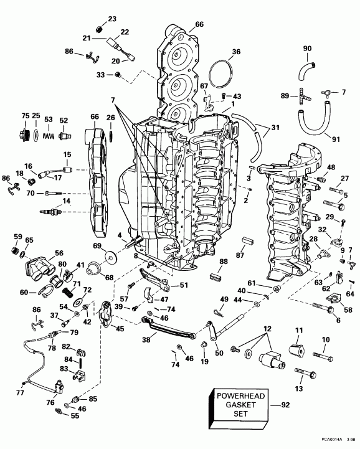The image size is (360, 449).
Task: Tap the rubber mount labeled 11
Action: pyautogui.click(x=294, y=349)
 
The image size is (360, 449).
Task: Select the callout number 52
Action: pyautogui.click(x=64, y=120)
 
